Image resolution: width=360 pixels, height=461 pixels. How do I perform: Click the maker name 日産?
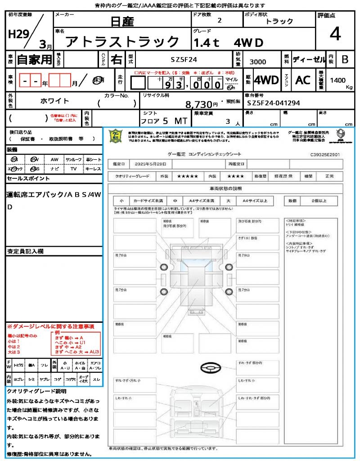tap(121, 21)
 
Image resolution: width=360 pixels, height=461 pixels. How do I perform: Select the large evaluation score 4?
tap(334, 34)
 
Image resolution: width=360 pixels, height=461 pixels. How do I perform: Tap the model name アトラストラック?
tap(122, 42)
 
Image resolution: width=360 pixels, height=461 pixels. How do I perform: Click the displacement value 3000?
tap(257, 62)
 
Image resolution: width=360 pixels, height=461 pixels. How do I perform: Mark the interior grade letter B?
tap(345, 59)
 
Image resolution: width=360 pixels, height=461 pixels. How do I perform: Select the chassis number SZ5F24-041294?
tap(273, 103)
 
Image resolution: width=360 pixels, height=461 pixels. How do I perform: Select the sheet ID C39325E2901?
tap(324, 154)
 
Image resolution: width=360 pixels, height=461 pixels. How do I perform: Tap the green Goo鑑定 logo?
tap(116, 136)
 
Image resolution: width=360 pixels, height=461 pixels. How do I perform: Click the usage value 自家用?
tap(35, 59)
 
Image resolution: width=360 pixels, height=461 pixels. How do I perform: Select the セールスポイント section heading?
tap(28, 179)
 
